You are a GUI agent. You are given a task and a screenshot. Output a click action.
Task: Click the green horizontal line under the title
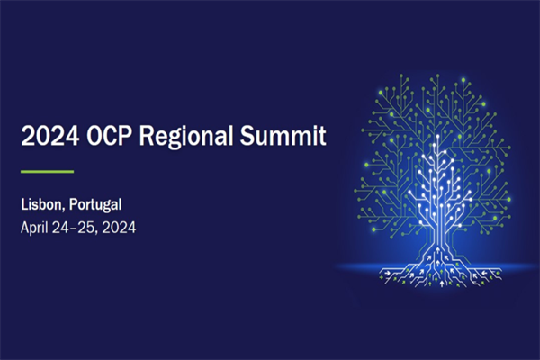tap(47, 170)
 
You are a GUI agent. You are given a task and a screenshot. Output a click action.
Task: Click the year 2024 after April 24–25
tap(120, 227)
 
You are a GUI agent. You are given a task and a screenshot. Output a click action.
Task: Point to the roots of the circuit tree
tap(441, 269)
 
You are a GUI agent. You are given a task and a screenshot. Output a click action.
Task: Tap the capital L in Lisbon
tap(24, 204)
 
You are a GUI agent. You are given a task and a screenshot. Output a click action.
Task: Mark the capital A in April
tap(24, 227)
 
